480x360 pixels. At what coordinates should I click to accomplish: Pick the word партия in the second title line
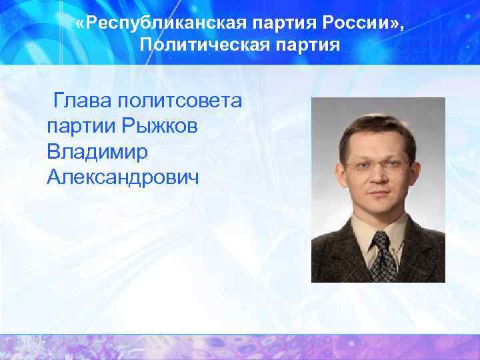pos(304,45)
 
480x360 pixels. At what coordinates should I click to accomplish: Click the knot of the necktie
pos(381,239)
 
